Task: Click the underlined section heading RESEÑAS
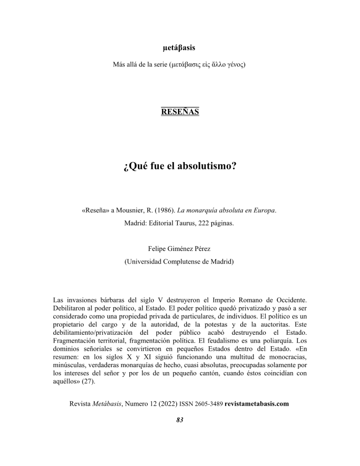pos(180,112)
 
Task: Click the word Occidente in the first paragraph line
pos(289,300)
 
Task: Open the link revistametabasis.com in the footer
pos(257,404)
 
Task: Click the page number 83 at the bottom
pos(179,420)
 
